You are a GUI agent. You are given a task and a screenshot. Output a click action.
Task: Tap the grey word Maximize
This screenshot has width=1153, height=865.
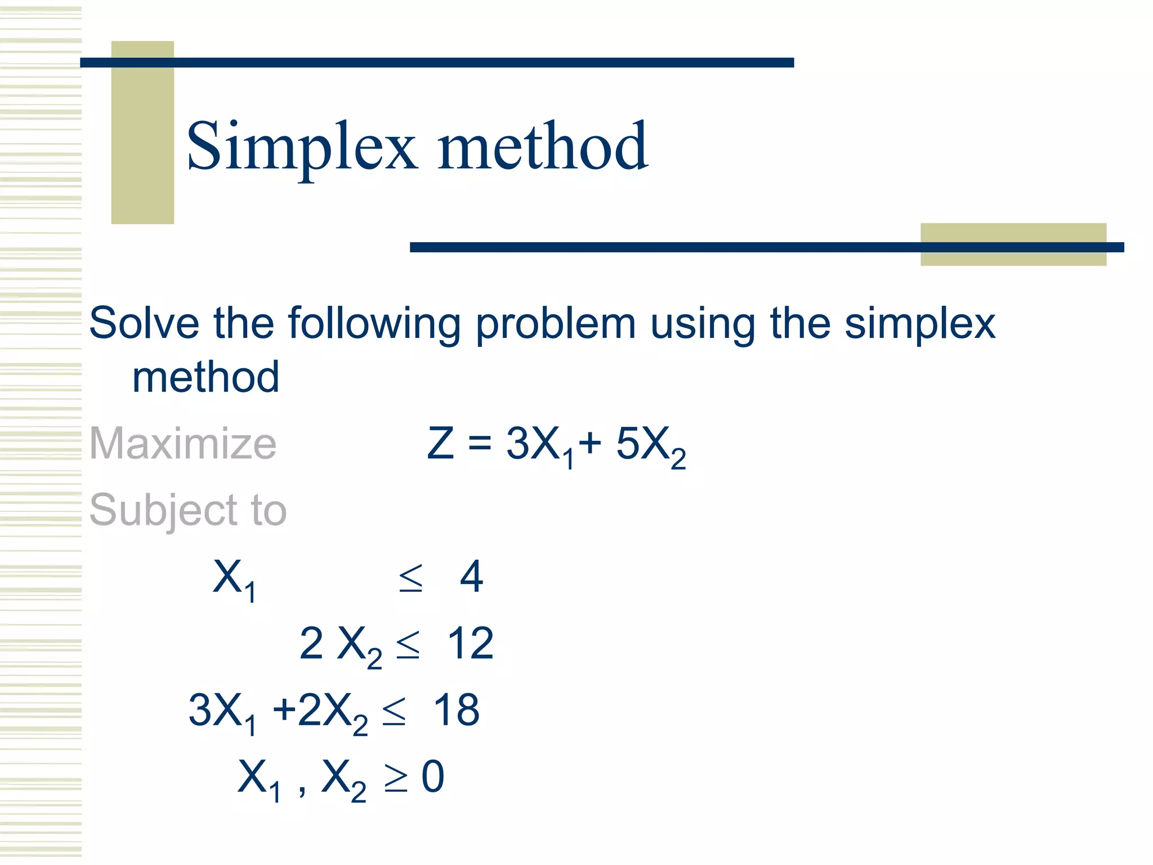pos(183,444)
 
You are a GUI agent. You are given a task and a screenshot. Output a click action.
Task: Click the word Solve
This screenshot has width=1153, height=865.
pos(144,323)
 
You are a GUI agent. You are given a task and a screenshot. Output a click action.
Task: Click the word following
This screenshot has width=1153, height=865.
pos(375,324)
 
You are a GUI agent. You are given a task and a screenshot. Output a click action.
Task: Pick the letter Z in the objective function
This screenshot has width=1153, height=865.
pos(440,444)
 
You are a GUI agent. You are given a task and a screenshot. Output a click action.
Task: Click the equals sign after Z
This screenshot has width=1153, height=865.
pos(480,444)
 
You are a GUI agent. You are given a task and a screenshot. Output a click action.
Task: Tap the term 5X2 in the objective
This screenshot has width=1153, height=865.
pos(650,445)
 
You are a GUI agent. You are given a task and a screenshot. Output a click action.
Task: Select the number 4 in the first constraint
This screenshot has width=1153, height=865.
pos(471,577)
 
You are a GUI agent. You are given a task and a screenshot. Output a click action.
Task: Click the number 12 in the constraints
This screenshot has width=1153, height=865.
pos(470,643)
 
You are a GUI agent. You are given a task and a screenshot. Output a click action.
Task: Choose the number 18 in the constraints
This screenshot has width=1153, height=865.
pos(456,710)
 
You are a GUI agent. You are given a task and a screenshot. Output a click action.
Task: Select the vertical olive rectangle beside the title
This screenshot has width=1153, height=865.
pos(142,132)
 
